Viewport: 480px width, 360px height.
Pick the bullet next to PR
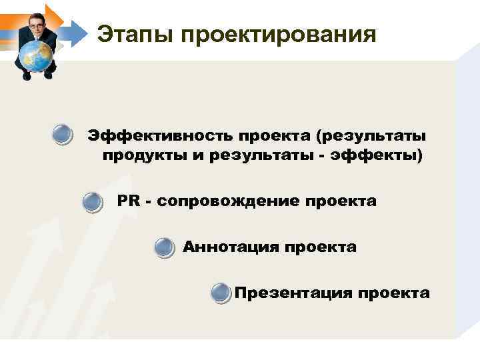[x=93, y=202]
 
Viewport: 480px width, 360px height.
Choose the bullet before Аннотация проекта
[x=164, y=248]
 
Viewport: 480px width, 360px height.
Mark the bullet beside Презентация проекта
[x=221, y=293]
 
